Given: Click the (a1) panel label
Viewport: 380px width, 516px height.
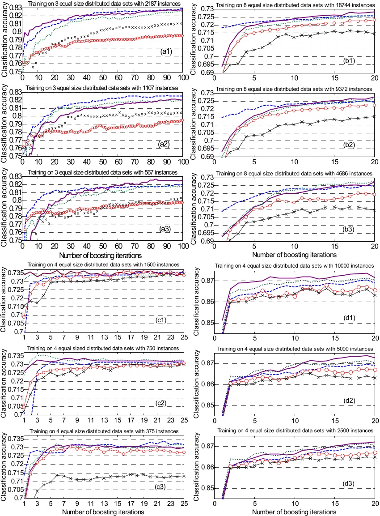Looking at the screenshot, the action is tap(166, 51).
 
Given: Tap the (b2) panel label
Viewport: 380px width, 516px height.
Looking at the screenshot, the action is tap(348, 145).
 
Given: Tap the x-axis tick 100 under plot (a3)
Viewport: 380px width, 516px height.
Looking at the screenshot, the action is tap(183, 246).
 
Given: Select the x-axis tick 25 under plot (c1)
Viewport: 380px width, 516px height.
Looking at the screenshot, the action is tap(184, 337).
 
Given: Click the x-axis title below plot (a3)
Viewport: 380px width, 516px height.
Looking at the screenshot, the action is tap(101, 256).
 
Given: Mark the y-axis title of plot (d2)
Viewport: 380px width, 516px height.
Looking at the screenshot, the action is tap(196, 384).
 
